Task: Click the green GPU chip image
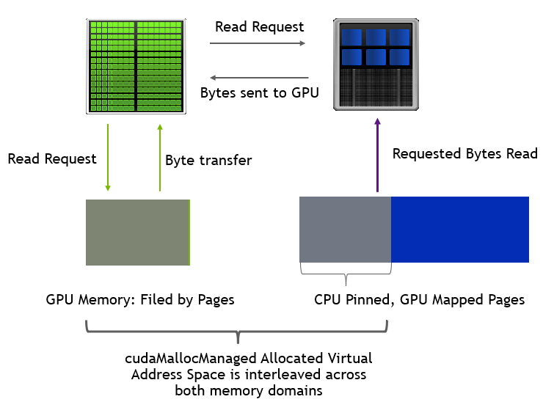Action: [136, 66]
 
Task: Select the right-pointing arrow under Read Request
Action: [258, 44]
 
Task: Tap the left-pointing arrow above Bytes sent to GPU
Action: [259, 78]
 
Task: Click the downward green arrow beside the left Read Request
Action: [108, 158]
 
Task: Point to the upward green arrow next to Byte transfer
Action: [159, 158]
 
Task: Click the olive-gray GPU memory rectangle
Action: [137, 232]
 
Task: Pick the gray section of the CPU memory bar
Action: [345, 229]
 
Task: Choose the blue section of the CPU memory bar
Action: [459, 229]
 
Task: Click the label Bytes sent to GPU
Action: [255, 93]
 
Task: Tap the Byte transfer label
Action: [208, 160]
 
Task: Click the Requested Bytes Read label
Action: [464, 153]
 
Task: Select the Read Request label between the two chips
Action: [259, 27]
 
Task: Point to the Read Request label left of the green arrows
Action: [52, 158]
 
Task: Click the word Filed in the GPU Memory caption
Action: [151, 299]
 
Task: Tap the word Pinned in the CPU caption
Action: [369, 299]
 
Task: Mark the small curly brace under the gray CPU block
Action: [346, 277]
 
